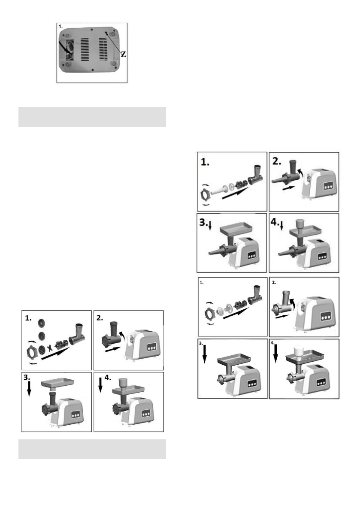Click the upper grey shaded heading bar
[92, 117]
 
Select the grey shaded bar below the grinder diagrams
[92, 449]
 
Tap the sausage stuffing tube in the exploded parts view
[221, 191]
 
